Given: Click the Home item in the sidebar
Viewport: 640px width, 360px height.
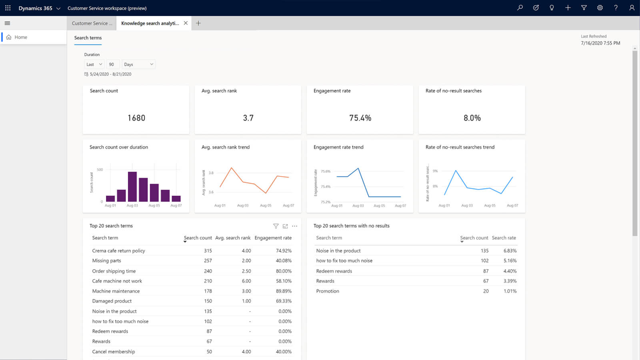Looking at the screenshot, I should click(21, 37).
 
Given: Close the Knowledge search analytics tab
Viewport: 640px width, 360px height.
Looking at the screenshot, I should click(186, 23).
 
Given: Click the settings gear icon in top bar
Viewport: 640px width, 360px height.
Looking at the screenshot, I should click(600, 8).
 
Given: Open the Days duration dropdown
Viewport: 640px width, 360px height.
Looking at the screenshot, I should click(138, 64).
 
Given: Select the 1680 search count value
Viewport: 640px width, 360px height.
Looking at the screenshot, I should click(136, 118).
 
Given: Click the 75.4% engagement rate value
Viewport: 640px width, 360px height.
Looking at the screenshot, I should click(360, 118).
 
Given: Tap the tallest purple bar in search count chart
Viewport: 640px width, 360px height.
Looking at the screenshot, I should click(132, 186).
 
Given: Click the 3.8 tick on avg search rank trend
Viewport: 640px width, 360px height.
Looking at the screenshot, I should click(211, 173).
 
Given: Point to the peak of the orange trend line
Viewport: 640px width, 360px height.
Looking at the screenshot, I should click(231, 168).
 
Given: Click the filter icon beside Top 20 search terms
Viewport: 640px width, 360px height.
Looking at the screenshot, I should click(276, 226).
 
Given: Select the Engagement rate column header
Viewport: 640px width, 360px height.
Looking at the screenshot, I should click(273, 238).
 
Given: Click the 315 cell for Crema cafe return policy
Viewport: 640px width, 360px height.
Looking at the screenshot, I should click(208, 251).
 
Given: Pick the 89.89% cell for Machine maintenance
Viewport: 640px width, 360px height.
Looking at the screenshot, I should click(284, 291).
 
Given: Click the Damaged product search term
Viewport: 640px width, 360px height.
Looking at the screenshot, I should click(112, 301).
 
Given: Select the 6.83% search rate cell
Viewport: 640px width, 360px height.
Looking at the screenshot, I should click(510, 251).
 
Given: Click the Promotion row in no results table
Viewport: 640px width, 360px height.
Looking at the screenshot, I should click(328, 291).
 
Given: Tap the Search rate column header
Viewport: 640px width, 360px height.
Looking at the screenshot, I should click(504, 238).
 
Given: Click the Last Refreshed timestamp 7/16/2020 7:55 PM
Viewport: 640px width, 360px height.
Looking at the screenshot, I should click(600, 43).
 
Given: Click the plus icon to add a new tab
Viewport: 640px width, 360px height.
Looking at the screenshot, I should click(198, 23).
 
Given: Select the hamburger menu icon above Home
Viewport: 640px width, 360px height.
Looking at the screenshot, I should click(7, 23).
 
